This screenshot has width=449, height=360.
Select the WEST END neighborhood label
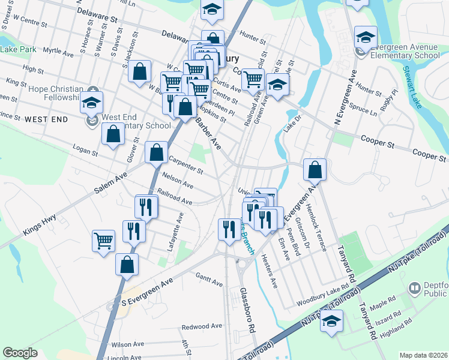coord(46,120)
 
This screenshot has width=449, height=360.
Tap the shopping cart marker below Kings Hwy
coord(104,241)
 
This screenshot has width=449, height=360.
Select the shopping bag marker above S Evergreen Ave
coord(127,264)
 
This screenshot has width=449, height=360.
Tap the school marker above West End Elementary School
coord(92,102)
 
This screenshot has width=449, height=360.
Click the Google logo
coord(20,353)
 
